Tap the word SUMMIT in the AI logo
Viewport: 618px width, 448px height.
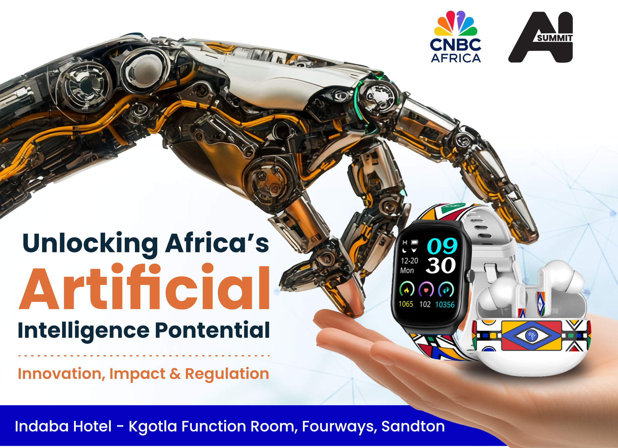click(555, 38)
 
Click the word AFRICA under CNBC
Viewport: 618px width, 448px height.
click(456, 58)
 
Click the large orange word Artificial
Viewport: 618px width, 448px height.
click(144, 287)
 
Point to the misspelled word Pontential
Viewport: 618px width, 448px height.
click(213, 330)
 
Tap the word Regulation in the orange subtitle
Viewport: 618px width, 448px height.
click(227, 374)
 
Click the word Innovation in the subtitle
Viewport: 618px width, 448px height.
click(61, 374)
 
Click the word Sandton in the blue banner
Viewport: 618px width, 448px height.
click(413, 426)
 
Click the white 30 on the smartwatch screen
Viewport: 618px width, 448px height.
click(441, 266)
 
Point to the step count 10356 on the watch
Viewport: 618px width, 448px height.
click(445, 305)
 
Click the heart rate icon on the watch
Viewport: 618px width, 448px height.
click(426, 290)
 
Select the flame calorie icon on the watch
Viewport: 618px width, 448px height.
click(406, 289)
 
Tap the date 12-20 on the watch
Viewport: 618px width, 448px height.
click(409, 261)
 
